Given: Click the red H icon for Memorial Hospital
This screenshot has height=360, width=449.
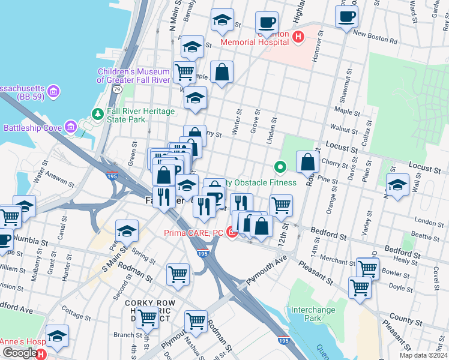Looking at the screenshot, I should [x=299, y=37].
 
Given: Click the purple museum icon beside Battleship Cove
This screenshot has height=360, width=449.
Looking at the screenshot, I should [x=71, y=127].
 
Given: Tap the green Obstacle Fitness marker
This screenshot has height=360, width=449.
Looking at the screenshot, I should [x=279, y=167].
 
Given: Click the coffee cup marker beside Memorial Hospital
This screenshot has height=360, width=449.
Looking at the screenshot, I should [x=267, y=23].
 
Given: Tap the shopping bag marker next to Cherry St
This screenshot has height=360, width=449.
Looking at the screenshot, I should [x=307, y=161].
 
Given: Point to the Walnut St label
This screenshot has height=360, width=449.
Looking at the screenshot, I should [x=345, y=127].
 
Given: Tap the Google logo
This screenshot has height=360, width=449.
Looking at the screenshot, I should [x=19, y=353].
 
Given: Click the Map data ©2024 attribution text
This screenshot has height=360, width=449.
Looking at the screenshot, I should [x=423, y=355].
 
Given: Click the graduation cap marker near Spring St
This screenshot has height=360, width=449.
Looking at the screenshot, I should [x=127, y=230].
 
